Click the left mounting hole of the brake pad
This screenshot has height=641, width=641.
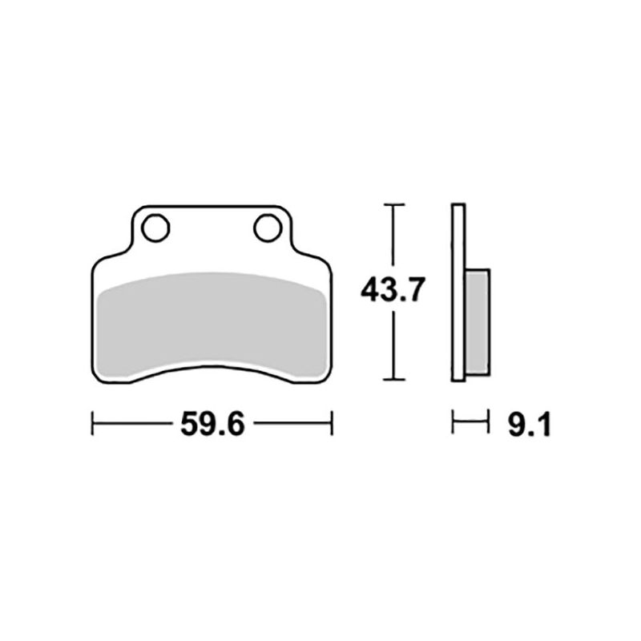(155, 228)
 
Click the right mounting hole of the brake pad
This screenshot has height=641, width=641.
(268, 228)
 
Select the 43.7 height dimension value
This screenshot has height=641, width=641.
(392, 291)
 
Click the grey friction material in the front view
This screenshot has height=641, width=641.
(212, 320)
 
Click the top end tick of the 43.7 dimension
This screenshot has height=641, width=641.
(392, 206)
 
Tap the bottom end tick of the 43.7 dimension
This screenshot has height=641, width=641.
(392, 380)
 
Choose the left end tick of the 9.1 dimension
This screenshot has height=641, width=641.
(454, 423)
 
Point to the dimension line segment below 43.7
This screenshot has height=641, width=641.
(392, 345)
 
